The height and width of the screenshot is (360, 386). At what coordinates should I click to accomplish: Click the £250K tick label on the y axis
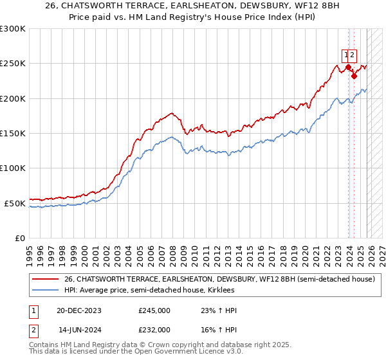click(x=13, y=64)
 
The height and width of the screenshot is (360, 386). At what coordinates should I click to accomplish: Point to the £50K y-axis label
click(x=15, y=203)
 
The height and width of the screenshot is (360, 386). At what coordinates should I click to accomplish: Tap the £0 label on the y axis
click(x=19, y=238)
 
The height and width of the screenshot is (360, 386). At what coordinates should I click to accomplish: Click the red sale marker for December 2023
click(x=348, y=67)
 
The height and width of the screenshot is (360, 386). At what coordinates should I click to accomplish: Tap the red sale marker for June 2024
click(x=354, y=76)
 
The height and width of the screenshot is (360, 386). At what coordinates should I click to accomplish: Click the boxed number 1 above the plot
click(x=346, y=55)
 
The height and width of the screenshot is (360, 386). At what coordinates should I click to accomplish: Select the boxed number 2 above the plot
click(x=353, y=55)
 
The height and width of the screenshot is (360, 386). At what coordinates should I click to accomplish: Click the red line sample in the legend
click(x=44, y=279)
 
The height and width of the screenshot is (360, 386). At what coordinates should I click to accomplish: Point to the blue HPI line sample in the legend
click(x=44, y=291)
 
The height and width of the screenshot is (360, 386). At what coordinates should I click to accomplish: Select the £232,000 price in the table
click(x=154, y=330)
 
